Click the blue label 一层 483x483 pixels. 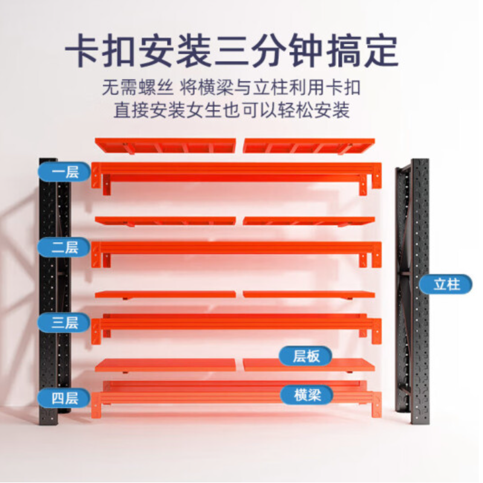[x=64, y=173]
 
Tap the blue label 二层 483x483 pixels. [x=64, y=247]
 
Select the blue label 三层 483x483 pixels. [x=64, y=322]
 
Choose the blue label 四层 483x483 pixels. [x=64, y=398]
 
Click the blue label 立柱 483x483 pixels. [x=446, y=284]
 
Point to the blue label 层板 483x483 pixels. [x=305, y=356]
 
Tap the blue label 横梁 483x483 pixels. [x=305, y=395]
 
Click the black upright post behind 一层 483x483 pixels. [x=48, y=211]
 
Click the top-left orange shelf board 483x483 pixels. [x=165, y=146]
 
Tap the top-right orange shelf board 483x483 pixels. [x=309, y=146]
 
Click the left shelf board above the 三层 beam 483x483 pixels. [x=165, y=295]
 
